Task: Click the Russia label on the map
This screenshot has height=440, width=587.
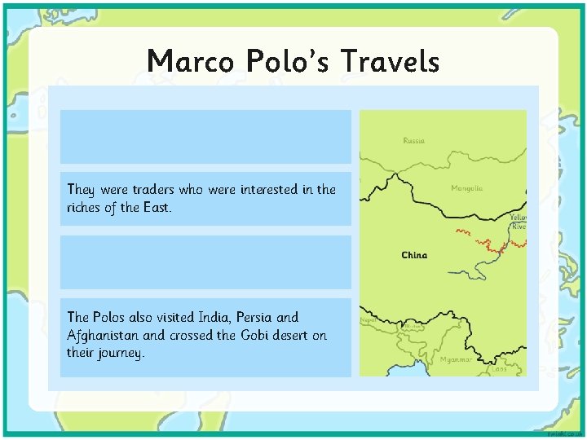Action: tap(413, 141)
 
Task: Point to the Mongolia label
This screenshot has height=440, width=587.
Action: tap(466, 188)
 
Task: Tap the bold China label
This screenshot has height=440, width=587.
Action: tap(414, 255)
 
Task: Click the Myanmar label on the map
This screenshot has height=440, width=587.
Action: tap(456, 359)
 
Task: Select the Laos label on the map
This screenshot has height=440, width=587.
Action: tap(499, 369)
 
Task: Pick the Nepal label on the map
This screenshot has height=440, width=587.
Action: tap(368, 321)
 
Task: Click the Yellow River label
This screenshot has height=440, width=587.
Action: tap(518, 222)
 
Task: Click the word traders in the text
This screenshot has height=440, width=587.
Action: tap(141, 190)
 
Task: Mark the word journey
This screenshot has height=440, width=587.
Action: tap(118, 353)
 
